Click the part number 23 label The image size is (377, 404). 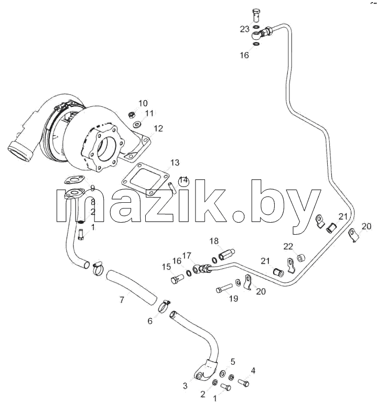[244, 29]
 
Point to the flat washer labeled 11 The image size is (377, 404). [136, 125]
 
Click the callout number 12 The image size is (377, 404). [158, 128]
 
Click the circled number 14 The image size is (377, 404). [184, 181]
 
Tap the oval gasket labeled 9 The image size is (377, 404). [74, 180]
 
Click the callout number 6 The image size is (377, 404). [150, 321]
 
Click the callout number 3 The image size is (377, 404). [185, 386]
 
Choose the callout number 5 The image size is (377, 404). [233, 362]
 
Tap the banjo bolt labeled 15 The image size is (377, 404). [177, 279]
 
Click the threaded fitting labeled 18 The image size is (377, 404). [227, 254]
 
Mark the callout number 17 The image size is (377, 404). [187, 255]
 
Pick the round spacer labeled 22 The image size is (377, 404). [301, 258]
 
